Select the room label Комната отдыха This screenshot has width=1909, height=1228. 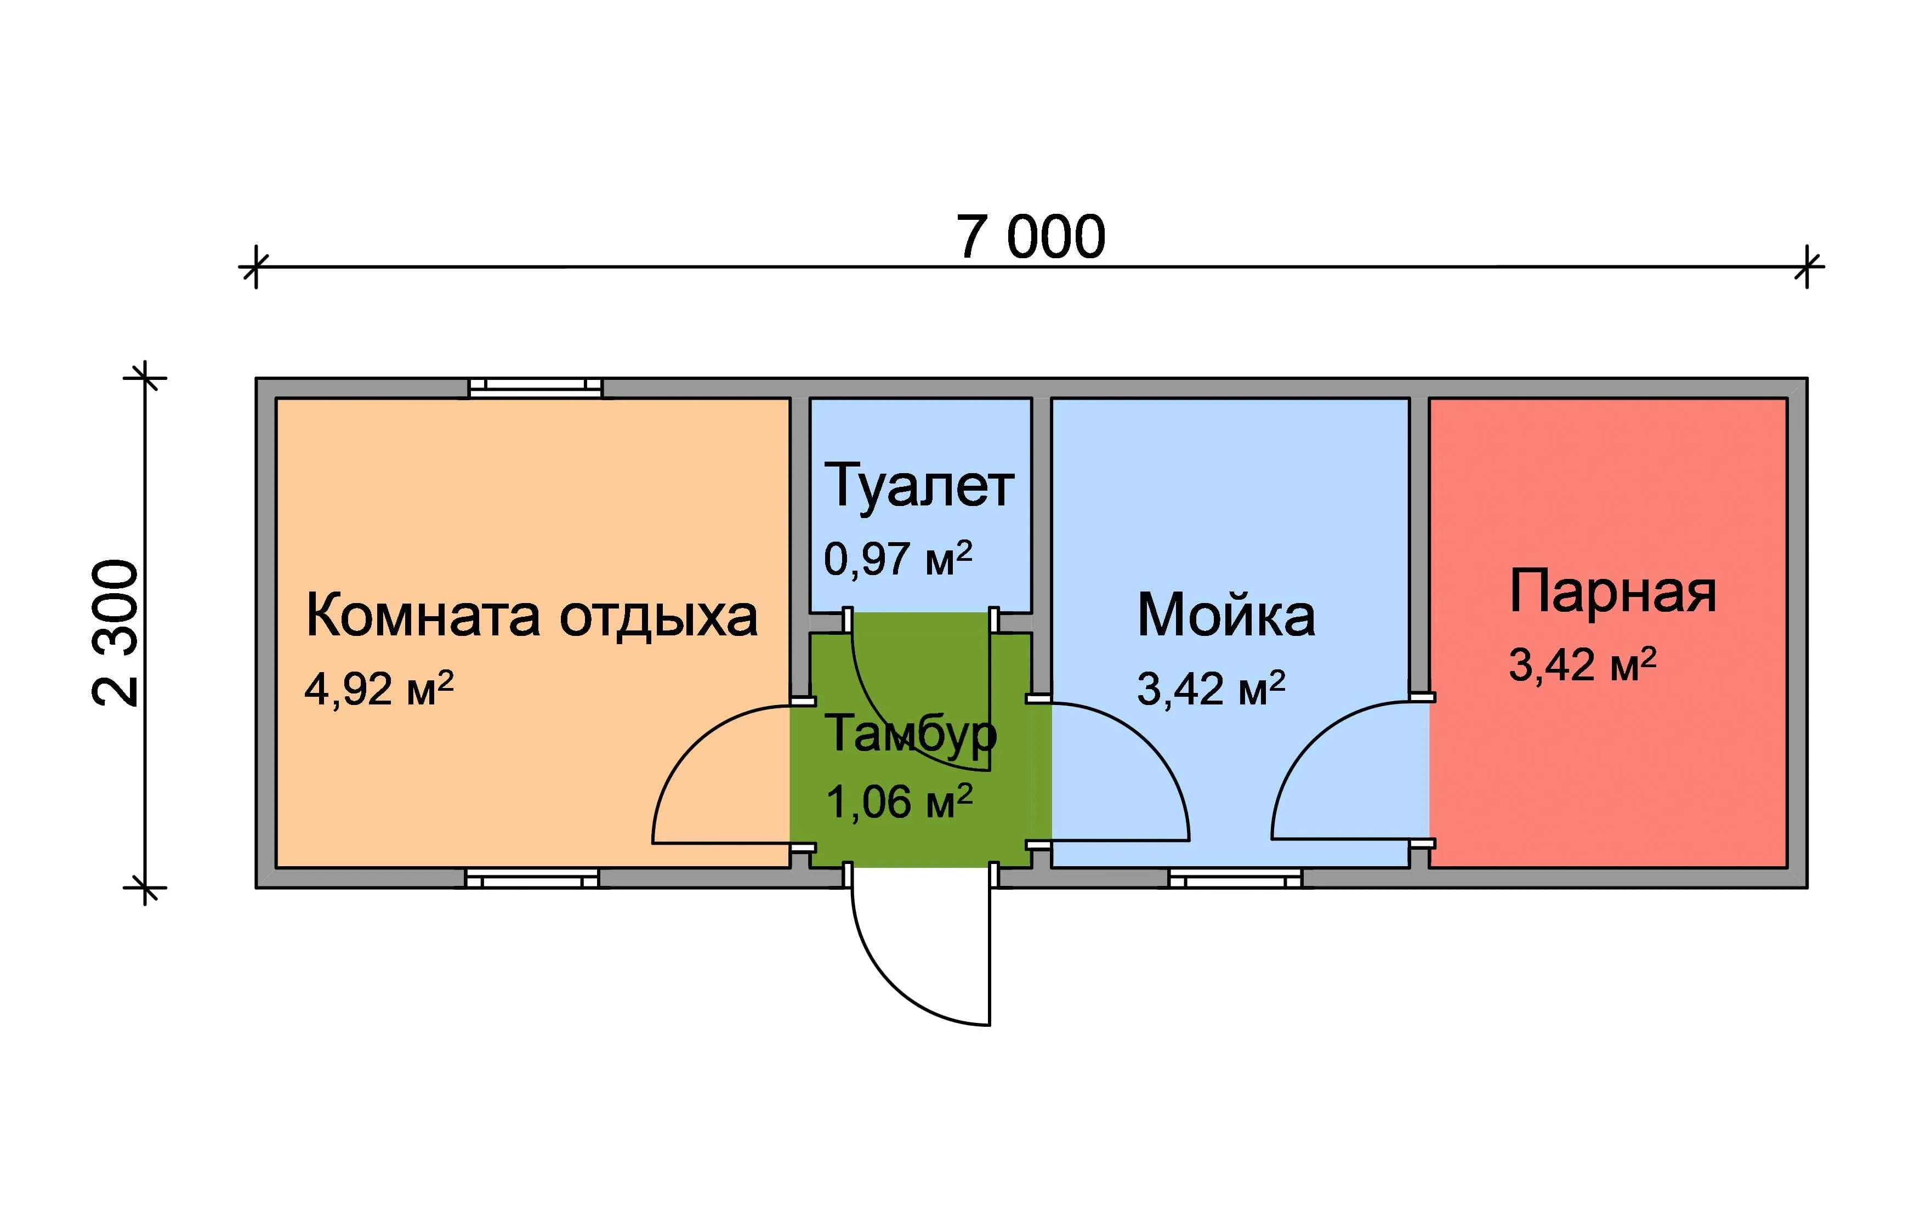(x=531, y=616)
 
